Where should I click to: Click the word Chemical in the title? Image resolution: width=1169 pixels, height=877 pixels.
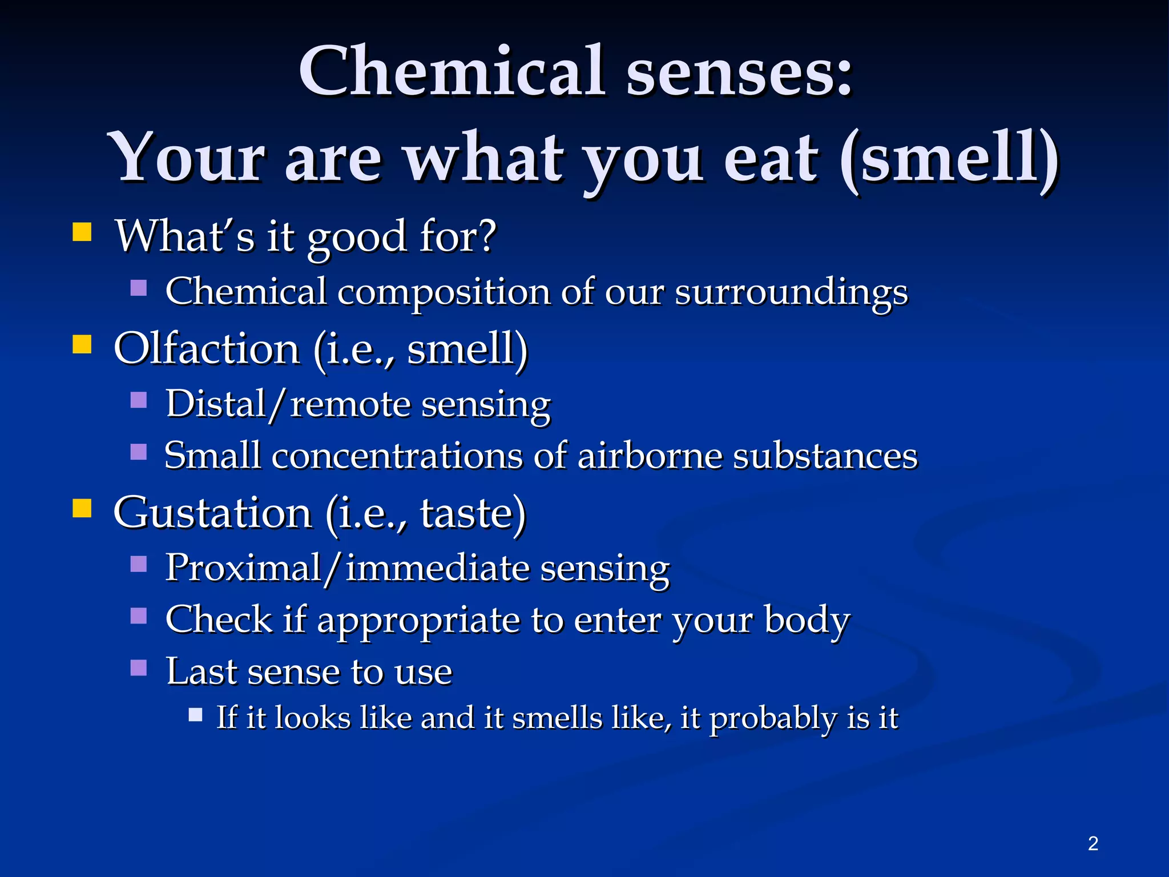(451, 71)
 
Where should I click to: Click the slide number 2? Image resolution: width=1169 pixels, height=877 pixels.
(1093, 843)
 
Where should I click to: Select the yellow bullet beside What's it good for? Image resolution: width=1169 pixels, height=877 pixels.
(82, 232)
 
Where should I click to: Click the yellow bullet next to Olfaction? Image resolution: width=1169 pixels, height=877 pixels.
(82, 344)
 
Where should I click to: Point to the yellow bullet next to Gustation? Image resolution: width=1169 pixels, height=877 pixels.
(82, 508)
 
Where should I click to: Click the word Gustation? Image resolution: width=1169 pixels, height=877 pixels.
(212, 512)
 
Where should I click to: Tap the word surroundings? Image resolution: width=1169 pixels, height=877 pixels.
(791, 292)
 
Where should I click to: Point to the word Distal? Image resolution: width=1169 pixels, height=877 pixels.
(216, 404)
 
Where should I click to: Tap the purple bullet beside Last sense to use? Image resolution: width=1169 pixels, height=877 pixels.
(139, 667)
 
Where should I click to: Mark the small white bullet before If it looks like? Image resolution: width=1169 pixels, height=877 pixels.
(196, 715)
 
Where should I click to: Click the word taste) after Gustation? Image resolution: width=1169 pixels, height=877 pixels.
(473, 512)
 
